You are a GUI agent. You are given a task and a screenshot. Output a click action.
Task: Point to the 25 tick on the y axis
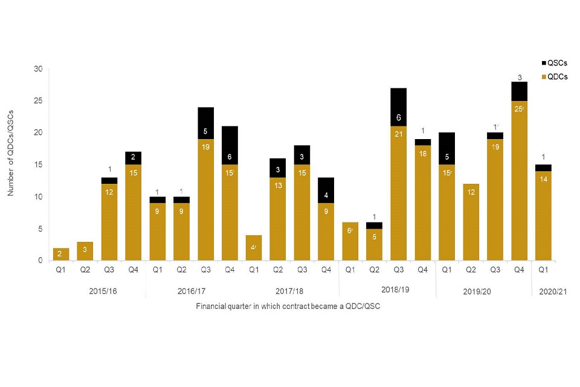point(38,101)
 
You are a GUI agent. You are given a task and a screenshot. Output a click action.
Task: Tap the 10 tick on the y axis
point(38,197)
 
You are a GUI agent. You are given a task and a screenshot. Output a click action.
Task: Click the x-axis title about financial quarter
point(288,307)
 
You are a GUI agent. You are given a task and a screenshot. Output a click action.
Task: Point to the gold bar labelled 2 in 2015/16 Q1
point(61,255)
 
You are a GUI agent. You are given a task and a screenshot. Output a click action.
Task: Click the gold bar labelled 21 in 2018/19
point(398,193)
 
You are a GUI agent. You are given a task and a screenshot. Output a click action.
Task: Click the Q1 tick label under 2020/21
point(543,270)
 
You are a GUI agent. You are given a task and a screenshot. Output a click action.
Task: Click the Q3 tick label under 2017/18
point(301,270)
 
